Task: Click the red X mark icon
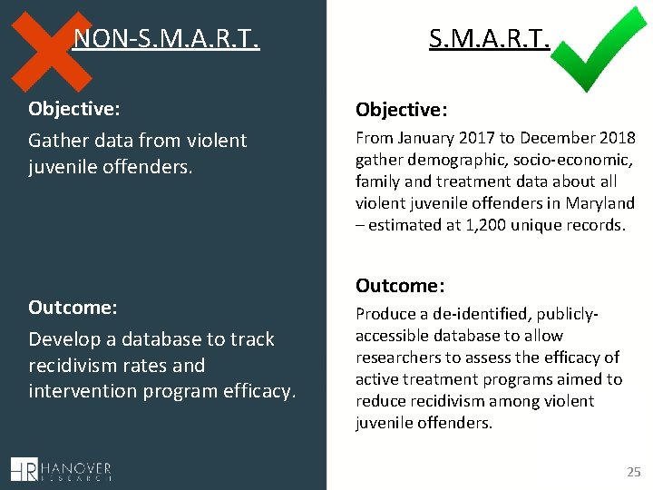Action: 54,45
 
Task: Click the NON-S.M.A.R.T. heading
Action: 166,39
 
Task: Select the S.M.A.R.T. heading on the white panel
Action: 489,39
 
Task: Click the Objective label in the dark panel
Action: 74,109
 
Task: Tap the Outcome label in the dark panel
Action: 73,307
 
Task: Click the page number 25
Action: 633,472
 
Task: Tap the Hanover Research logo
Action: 61,470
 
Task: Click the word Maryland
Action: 602,203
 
